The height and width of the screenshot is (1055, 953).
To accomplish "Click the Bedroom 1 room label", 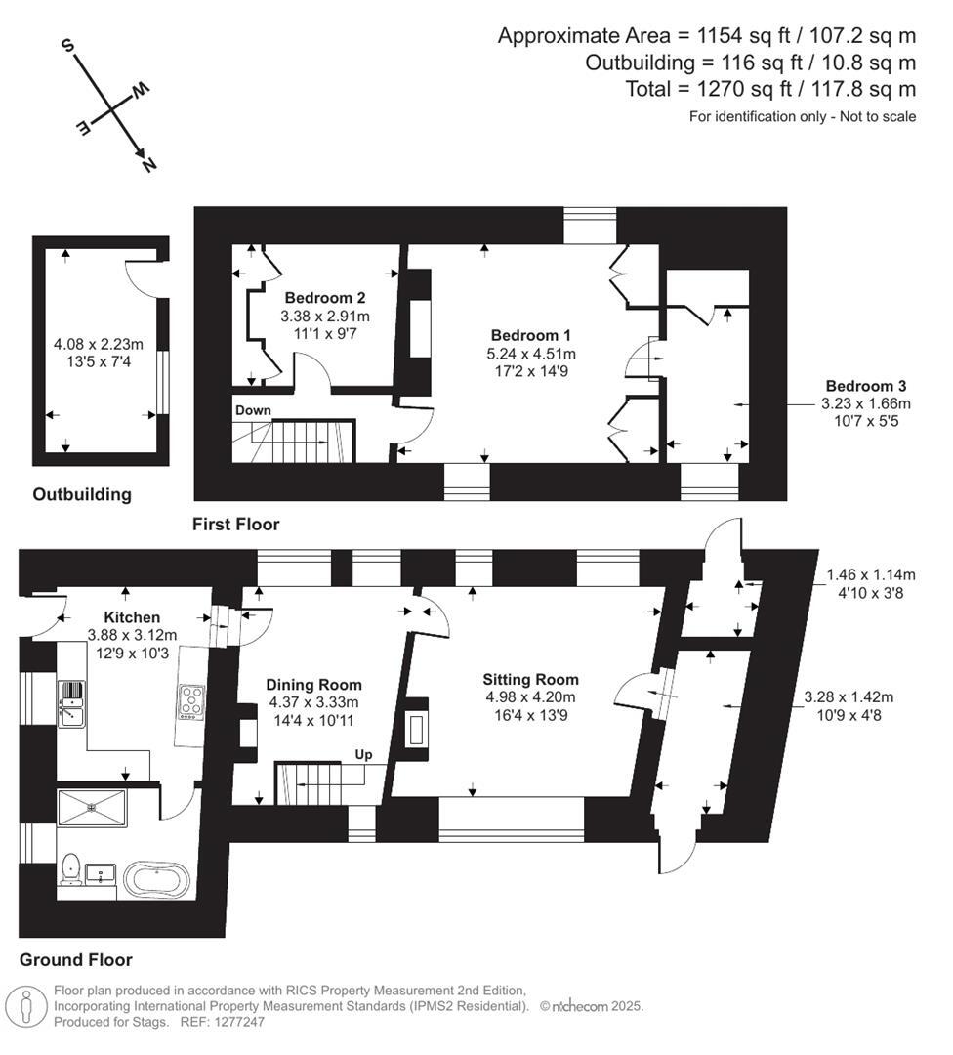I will (x=532, y=333).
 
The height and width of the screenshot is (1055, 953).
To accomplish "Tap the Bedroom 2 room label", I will (x=325, y=298).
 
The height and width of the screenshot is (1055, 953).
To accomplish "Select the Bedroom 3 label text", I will (x=864, y=384).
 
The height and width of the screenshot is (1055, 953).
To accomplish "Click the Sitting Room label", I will (x=530, y=679).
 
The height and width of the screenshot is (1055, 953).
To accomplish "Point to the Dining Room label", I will (x=313, y=685).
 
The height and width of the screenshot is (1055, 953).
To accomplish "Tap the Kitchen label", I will (x=132, y=617).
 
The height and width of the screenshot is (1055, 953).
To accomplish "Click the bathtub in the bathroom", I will (x=156, y=880).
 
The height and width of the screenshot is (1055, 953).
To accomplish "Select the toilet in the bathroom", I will (x=70, y=868).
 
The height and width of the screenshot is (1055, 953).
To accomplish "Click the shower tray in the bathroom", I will (x=92, y=808).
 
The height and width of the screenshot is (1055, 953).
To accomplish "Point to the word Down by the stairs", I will (x=252, y=410).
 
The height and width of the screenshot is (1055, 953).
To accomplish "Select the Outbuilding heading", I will (x=82, y=494).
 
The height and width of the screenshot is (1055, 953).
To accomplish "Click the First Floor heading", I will (x=235, y=525).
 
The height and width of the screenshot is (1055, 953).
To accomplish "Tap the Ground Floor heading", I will (x=75, y=959).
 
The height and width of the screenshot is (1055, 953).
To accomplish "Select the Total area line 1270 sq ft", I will (x=770, y=90).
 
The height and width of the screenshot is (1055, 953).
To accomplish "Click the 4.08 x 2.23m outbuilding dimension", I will (x=98, y=344).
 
